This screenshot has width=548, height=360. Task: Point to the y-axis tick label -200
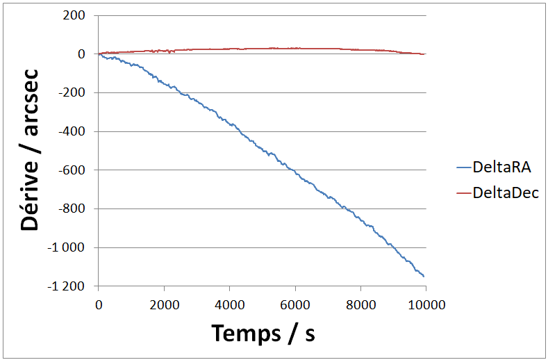click(x=71, y=93)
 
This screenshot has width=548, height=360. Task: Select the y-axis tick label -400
click(x=71, y=132)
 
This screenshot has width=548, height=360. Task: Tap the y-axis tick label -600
click(x=71, y=170)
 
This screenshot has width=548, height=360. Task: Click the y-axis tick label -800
click(x=71, y=209)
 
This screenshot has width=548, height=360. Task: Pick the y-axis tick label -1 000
click(x=67, y=248)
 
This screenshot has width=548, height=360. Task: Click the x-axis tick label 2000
click(x=164, y=304)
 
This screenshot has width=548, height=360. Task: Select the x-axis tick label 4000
click(x=229, y=304)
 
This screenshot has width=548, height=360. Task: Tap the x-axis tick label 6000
click(x=295, y=304)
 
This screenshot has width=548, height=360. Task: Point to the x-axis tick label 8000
click(x=360, y=304)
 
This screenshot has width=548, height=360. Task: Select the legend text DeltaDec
click(x=505, y=193)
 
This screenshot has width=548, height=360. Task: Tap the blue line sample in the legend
click(x=463, y=167)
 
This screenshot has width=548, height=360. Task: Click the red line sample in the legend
click(x=463, y=193)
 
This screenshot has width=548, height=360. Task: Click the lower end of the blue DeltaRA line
click(x=424, y=277)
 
